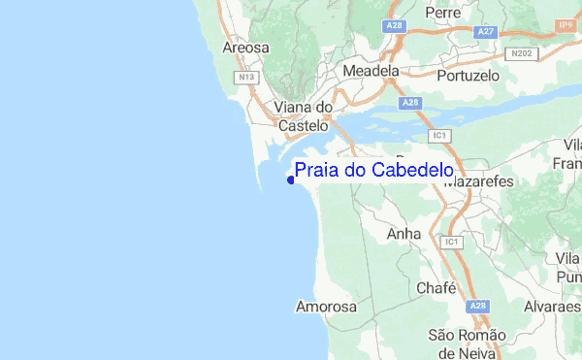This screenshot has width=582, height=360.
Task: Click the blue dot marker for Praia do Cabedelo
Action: [x=290, y=179]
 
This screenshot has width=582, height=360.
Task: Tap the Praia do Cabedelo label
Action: [x=373, y=171]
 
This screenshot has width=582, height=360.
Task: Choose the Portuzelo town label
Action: [x=469, y=75]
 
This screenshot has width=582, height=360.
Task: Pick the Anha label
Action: [x=403, y=234]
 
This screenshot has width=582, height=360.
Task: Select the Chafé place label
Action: [x=436, y=288]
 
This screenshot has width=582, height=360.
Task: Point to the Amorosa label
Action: [x=326, y=307]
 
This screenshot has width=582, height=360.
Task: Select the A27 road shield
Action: [x=486, y=32]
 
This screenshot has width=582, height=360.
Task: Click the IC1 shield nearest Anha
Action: [x=449, y=241]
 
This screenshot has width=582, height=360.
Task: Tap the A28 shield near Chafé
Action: [x=476, y=306]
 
